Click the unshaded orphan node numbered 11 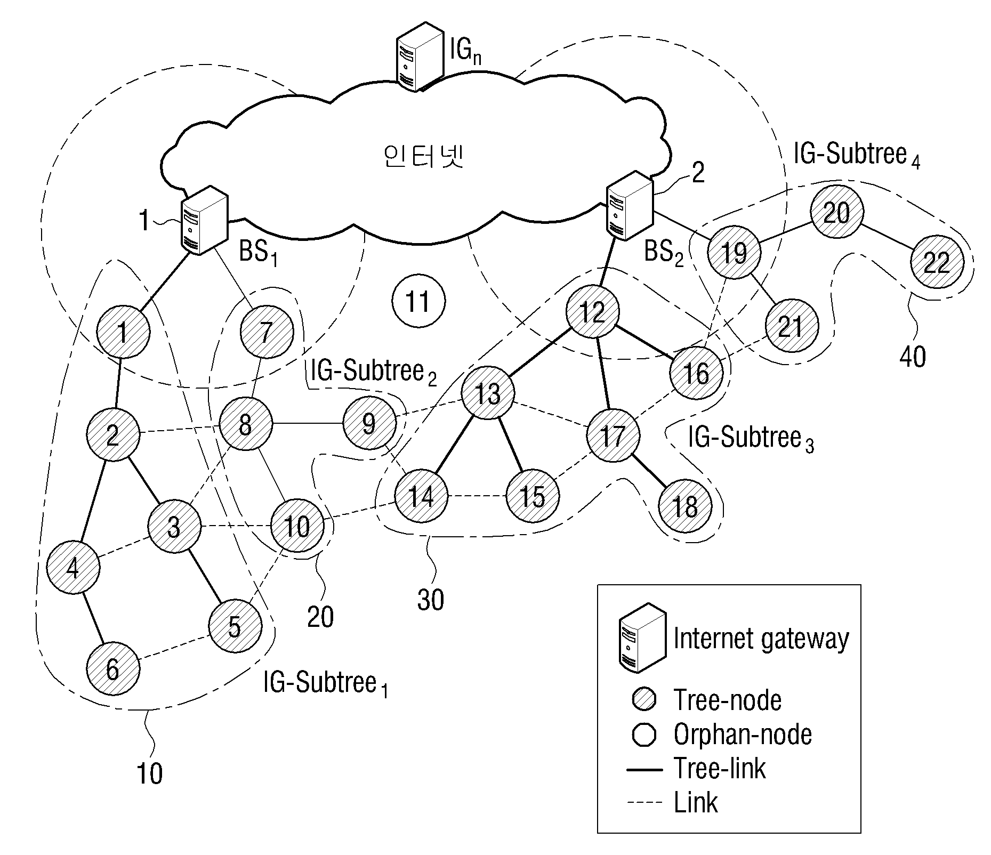[418, 302]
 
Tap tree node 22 [937, 262]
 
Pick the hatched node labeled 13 [488, 393]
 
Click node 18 [685, 506]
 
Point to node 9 [369, 424]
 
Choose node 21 [791, 326]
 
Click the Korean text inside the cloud [423, 157]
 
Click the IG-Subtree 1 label [326, 684]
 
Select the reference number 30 [430, 600]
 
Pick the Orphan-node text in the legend [743, 735]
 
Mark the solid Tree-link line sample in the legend [644, 770]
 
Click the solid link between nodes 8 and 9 [308, 424]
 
